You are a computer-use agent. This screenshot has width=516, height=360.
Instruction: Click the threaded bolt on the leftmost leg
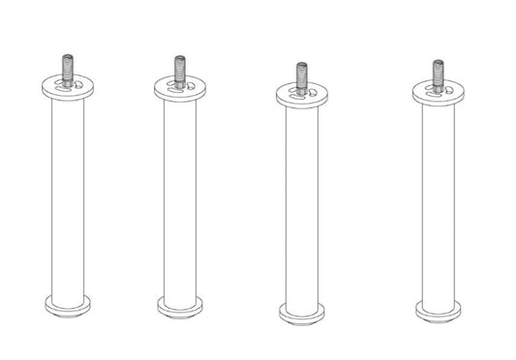tap(68, 69)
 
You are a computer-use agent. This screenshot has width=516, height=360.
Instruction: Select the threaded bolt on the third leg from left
tap(301, 76)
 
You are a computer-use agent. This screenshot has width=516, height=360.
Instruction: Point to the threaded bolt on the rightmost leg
tap(438, 74)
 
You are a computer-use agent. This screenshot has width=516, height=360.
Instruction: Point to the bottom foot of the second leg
tap(180, 306)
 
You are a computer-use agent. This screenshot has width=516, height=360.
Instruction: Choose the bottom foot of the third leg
tap(301, 313)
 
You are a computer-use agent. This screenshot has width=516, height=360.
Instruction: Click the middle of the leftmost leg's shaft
tap(68, 198)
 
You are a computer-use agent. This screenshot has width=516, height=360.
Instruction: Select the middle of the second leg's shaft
tap(180, 199)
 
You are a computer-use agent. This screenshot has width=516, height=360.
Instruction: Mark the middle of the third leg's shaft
tap(301, 205)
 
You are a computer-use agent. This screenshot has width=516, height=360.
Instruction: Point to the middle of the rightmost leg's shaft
tap(438, 203)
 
